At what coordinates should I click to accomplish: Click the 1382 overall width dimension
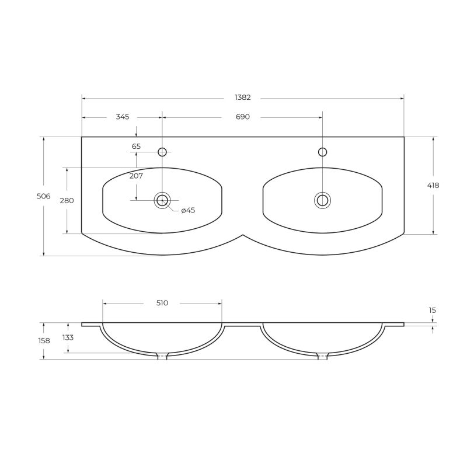click(x=243, y=97)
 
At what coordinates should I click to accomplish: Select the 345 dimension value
click(x=122, y=117)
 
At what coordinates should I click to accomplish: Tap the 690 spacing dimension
click(x=243, y=117)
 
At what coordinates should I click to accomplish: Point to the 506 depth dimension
click(x=43, y=196)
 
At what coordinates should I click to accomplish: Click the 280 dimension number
click(x=67, y=200)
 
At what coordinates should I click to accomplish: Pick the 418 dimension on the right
click(x=433, y=185)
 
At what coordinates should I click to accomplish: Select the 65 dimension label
click(x=136, y=147)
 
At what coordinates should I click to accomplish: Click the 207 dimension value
click(x=136, y=175)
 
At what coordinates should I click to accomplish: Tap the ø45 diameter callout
click(x=187, y=210)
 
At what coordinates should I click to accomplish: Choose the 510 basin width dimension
click(x=162, y=303)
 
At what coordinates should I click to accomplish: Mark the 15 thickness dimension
click(x=433, y=311)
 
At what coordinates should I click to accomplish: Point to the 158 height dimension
click(x=43, y=340)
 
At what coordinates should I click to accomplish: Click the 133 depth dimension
click(x=68, y=337)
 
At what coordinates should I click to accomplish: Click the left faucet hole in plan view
click(x=162, y=152)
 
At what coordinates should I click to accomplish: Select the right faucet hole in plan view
click(x=322, y=152)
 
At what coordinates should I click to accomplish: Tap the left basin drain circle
click(x=162, y=201)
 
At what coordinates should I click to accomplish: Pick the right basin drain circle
click(x=322, y=200)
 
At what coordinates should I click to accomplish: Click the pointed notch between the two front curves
click(x=243, y=235)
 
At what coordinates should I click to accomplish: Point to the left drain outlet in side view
click(x=162, y=356)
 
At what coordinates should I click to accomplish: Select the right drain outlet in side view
click(x=322, y=356)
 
